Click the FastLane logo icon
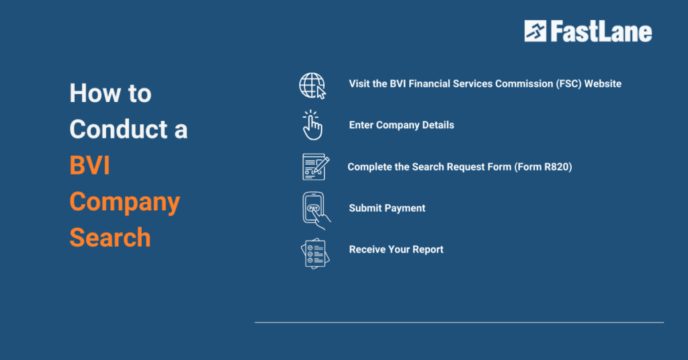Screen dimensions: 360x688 point(535,31)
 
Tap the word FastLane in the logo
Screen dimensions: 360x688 point(601,32)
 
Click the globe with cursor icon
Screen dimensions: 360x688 point(312,85)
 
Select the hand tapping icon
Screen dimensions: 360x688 point(312,126)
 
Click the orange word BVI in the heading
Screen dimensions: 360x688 point(89,165)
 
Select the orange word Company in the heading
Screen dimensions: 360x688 point(125,201)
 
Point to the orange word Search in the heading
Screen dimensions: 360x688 point(110,238)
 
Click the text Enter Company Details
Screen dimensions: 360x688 point(401,125)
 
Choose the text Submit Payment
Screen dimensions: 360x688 point(387,208)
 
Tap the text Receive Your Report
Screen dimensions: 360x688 point(396,249)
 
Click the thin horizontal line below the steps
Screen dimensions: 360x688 point(459,322)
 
